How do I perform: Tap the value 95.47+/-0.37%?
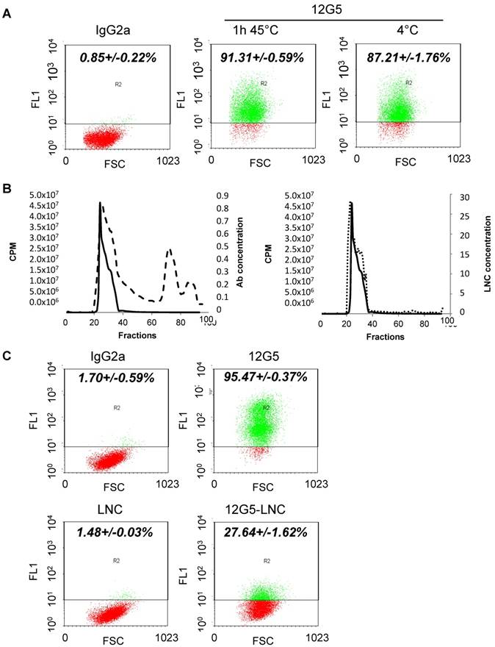coord(254,380)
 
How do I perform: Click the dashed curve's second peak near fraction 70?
coord(170,251)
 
